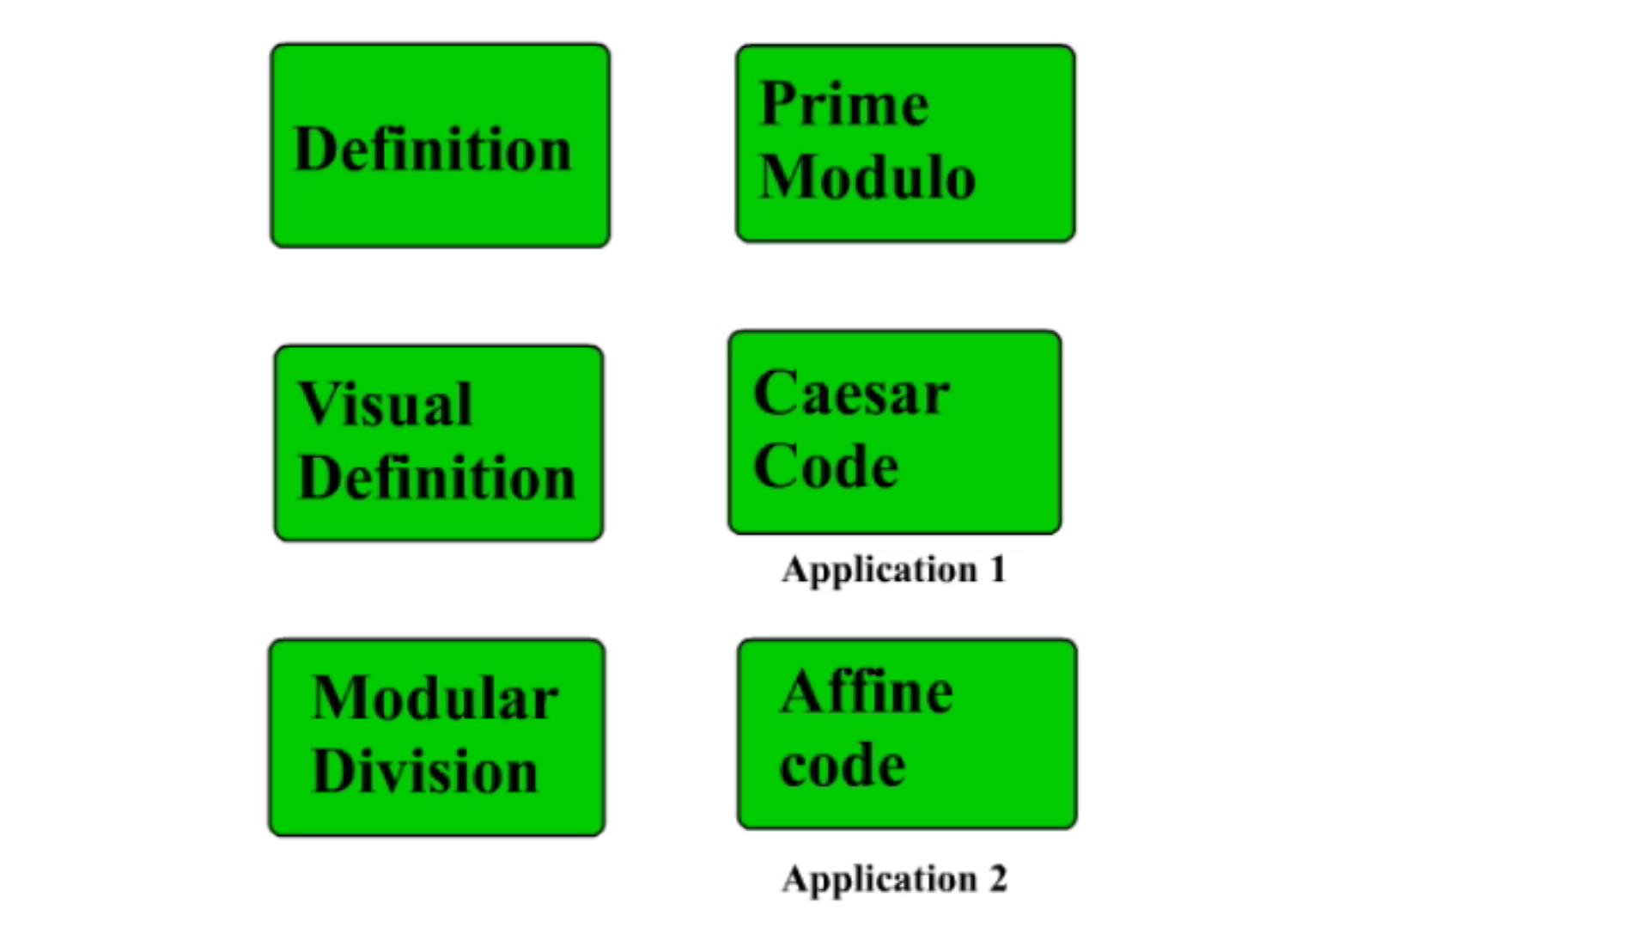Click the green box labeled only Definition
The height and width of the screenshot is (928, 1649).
point(440,145)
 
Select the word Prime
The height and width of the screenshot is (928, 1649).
point(844,104)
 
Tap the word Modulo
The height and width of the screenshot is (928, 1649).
point(867,177)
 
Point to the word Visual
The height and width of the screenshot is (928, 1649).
point(385,404)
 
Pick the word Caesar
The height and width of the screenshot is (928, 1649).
point(851,394)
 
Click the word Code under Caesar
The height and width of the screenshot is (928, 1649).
point(825,466)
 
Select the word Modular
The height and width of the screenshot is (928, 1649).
point(435,697)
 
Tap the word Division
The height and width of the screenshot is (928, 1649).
point(424,770)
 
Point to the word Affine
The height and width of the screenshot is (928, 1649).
point(867,692)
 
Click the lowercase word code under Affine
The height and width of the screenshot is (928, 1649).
point(843,765)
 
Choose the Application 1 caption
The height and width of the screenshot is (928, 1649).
point(893,570)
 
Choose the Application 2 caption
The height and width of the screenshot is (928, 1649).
point(894,879)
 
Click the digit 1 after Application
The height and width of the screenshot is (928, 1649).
point(997,569)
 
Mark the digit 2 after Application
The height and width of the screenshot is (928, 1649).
point(998,878)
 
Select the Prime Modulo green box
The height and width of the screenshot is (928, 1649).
point(905,143)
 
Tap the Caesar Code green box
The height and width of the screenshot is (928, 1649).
point(895,432)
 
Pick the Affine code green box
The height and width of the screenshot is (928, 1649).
point(907,734)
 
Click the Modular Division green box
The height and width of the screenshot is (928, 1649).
point(437,737)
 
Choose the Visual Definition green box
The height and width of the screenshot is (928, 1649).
point(439,443)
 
